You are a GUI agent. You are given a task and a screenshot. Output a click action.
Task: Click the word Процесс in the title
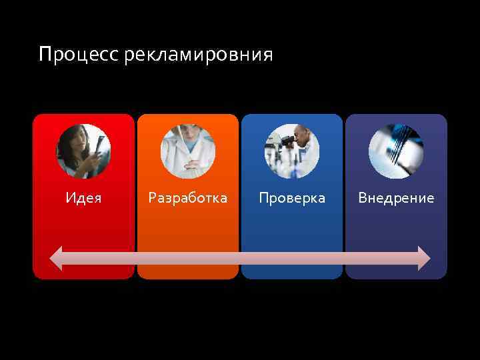(79, 54)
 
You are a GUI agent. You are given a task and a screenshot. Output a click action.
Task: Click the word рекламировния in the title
(198, 55)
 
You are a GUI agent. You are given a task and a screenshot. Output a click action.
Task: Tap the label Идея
(84, 198)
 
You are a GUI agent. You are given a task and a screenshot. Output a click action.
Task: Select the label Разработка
(187, 198)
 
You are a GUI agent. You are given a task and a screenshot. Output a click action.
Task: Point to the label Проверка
(292, 198)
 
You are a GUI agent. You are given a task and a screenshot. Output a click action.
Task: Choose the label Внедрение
(396, 198)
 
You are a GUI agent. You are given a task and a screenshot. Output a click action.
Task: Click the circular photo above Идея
(83, 151)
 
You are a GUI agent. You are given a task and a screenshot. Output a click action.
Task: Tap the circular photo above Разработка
(187, 151)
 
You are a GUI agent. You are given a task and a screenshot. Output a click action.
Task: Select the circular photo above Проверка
(292, 151)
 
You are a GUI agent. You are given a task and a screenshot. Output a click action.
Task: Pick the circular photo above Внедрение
(396, 151)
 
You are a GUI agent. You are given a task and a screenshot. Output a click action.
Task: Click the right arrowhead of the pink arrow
(424, 258)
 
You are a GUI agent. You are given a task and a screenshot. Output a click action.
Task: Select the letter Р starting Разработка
(152, 198)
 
